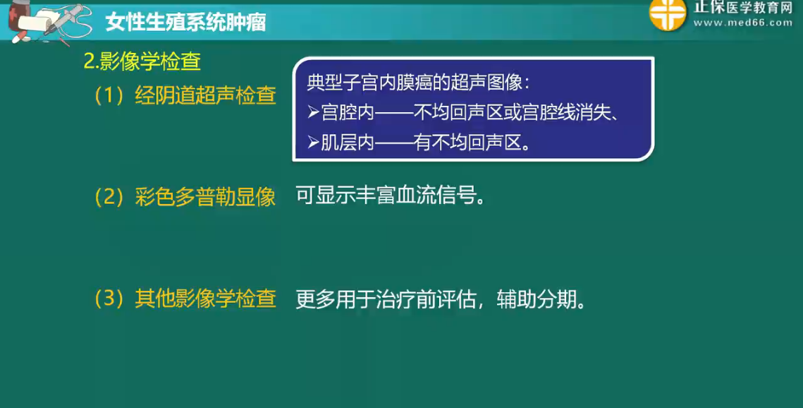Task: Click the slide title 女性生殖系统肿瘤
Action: pyautogui.click(x=185, y=23)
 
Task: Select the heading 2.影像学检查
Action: pyautogui.click(x=142, y=61)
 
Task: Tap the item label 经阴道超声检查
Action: pyautogui.click(x=205, y=95)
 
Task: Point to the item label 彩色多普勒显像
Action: pyautogui.click(x=205, y=197)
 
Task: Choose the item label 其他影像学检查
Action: pyautogui.click(x=205, y=299)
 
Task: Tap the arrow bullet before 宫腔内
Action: pyautogui.click(x=314, y=113)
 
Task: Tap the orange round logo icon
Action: pyautogui.click(x=668, y=14)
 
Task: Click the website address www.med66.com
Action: pyautogui.click(x=743, y=23)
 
